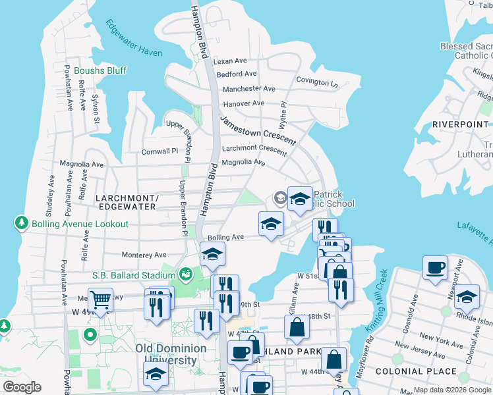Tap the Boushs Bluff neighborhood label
[100, 70]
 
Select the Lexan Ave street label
[229, 61]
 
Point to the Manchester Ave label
[249, 89]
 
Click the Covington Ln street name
[316, 82]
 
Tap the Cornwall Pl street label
[159, 151]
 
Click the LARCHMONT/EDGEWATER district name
[126, 202]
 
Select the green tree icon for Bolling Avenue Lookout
[22, 224]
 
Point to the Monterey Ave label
[144, 255]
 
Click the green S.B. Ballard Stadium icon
[185, 273]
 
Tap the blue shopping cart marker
[100, 300]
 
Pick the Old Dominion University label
[166, 354]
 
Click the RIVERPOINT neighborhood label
[461, 124]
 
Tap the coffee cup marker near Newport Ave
[435, 268]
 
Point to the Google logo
[22, 387]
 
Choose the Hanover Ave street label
[243, 103]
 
